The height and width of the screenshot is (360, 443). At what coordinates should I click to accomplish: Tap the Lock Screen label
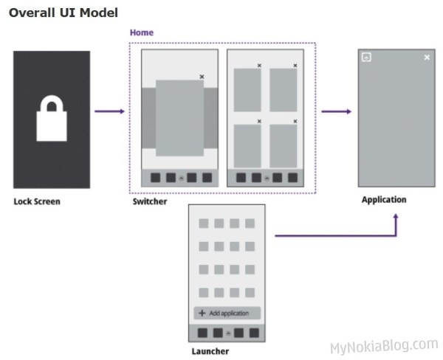coord(37,201)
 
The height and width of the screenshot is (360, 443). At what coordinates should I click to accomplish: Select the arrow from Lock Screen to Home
coord(110,111)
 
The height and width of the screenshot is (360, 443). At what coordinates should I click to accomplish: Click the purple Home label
coord(141,33)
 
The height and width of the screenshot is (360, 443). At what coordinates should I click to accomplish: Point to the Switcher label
coord(150,201)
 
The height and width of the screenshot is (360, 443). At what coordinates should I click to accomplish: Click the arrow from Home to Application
coord(336,111)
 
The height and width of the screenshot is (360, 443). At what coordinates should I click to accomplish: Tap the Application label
coord(384,200)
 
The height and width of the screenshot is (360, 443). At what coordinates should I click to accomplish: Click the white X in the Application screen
coord(427,57)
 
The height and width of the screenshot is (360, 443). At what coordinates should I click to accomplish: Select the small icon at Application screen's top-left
coord(366,57)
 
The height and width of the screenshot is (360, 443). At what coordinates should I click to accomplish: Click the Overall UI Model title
coord(63,13)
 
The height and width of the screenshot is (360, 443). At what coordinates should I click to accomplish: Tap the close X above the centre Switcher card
coord(202,77)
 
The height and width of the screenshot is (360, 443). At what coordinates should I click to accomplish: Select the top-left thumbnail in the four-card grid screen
coord(247,90)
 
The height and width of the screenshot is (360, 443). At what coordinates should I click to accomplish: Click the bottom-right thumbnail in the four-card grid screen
coord(283,145)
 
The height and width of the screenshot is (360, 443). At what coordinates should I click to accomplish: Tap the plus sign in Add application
coord(202,313)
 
